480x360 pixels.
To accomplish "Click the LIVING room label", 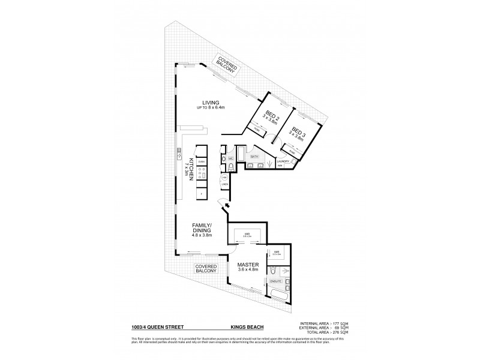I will pos(211,102).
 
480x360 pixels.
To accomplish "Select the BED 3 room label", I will pos(298,131).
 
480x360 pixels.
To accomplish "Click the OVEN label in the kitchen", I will pos(202,162).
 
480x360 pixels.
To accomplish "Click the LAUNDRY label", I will pos(284,161).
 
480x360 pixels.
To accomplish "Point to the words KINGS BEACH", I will pos(244,327).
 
